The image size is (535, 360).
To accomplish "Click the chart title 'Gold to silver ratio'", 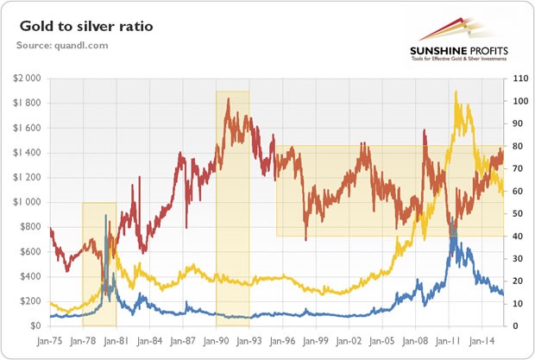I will point(82,27).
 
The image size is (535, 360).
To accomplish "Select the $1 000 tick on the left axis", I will point(28,202).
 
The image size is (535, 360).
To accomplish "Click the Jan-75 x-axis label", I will point(51,340).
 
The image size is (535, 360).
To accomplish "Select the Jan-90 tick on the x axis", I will point(217,340).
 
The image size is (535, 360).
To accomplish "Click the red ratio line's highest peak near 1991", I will point(228,99).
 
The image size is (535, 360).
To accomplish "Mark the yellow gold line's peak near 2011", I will point(454,92).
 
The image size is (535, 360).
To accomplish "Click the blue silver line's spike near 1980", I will point(106,215).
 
